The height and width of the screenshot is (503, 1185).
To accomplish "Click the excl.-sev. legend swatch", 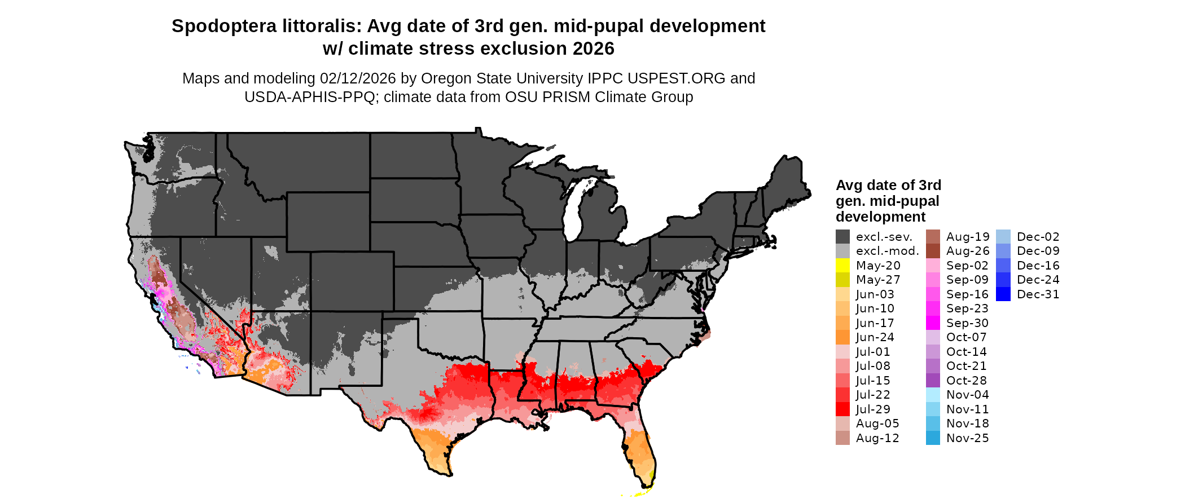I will point(842,237).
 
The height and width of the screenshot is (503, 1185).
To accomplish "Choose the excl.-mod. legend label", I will point(887,251).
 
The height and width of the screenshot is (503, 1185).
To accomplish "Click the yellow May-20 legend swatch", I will point(842,266).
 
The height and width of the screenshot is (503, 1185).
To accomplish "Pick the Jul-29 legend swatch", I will point(842,409).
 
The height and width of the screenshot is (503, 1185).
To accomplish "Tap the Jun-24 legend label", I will point(875,337).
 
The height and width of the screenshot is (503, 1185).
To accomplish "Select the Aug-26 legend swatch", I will point(933,251).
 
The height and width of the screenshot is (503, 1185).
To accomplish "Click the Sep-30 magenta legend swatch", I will point(933,323).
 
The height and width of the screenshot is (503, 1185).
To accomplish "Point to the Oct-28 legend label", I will point(966,381).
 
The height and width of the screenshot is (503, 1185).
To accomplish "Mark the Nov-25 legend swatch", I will point(933,438).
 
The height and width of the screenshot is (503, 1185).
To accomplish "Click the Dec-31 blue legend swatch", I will point(1003,294).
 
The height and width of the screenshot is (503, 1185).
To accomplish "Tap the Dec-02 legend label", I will point(1038,237).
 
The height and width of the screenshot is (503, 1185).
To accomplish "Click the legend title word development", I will point(880,217).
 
